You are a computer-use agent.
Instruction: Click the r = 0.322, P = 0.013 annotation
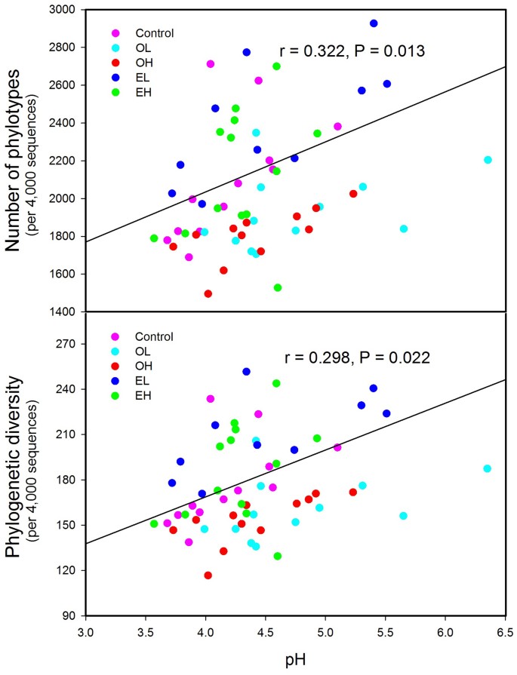coord(353,52)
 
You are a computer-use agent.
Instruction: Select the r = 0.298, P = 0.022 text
coord(357,358)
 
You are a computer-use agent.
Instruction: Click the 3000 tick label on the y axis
coord(63,10)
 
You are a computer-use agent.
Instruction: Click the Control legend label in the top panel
coord(155,32)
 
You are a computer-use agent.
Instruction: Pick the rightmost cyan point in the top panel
coord(488,160)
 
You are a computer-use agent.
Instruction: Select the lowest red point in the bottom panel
coord(208,575)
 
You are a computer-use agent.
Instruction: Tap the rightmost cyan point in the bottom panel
coord(488,468)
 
